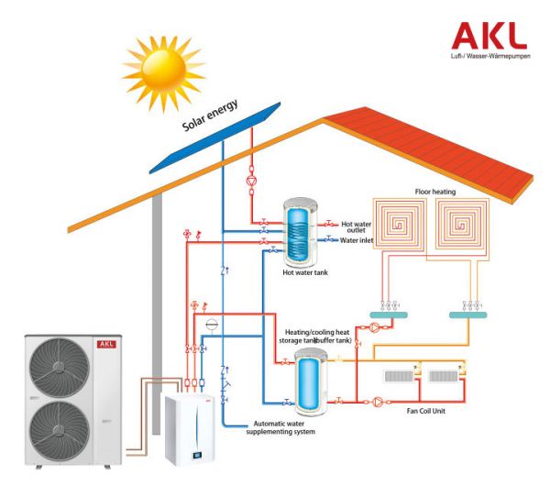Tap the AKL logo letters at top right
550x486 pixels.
pos(489,35)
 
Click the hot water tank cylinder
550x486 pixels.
pos(298,229)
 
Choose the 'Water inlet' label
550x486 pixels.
pos(360,241)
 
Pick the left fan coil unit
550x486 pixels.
pos(400,377)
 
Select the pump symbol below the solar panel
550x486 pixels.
pos(252,181)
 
